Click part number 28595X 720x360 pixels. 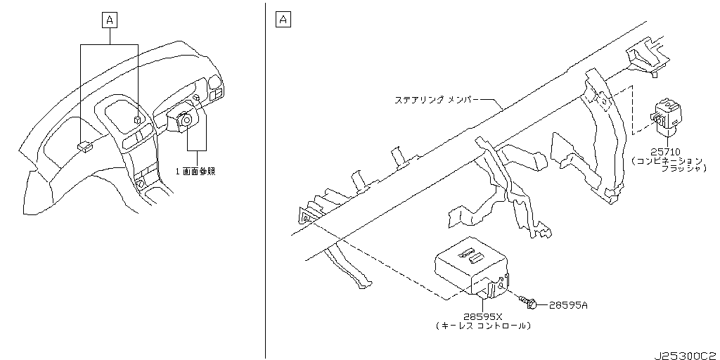pyautogui.click(x=482, y=317)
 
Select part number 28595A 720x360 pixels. pyautogui.click(x=568, y=305)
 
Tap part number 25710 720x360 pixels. pyautogui.click(x=665, y=152)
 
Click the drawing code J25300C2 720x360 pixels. pyautogui.click(x=687, y=356)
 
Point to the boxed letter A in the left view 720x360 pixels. pyautogui.click(x=109, y=20)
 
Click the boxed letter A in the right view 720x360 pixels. pyautogui.click(x=283, y=20)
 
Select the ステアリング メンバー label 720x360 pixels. pyautogui.click(x=437, y=99)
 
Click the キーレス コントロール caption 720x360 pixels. pyautogui.click(x=483, y=326)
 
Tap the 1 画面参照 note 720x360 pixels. pyautogui.click(x=195, y=172)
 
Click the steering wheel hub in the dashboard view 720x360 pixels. pyautogui.click(x=186, y=120)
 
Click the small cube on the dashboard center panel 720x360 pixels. pyautogui.click(x=138, y=120)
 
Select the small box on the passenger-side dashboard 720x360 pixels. pyautogui.click(x=84, y=146)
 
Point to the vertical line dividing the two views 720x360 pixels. pyautogui.click(x=265, y=180)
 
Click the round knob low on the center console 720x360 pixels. pyautogui.click(x=141, y=184)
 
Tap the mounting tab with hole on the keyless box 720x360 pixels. pyautogui.click(x=502, y=284)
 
